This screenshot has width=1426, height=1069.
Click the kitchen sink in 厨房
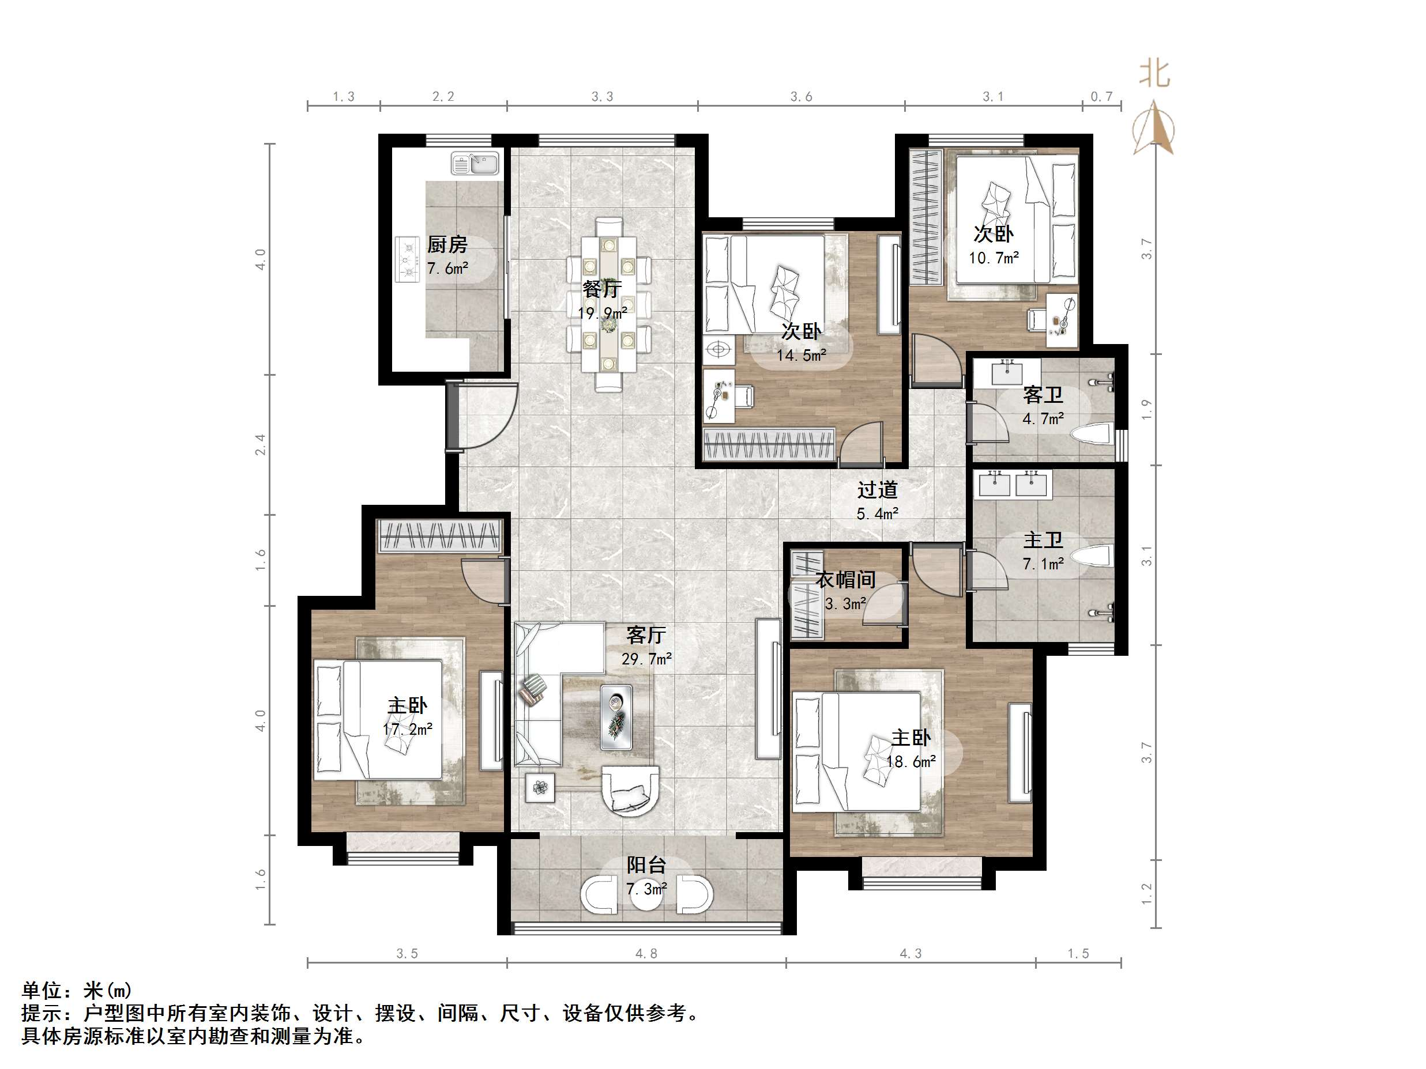pyautogui.click(x=475, y=163)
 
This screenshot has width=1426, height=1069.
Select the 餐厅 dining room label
pyautogui.click(x=601, y=289)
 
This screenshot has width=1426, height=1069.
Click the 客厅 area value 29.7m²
pyautogui.click(x=646, y=659)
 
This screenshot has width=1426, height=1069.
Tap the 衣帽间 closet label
pyautogui.click(x=845, y=580)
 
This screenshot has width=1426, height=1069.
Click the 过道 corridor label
pyautogui.click(x=876, y=490)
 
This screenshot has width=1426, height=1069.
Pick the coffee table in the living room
pyautogui.click(x=616, y=717)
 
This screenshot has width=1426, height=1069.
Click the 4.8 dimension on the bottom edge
pyautogui.click(x=646, y=954)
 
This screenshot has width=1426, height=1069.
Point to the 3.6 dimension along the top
pyautogui.click(x=801, y=97)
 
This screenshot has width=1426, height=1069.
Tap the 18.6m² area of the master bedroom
pyautogui.click(x=910, y=762)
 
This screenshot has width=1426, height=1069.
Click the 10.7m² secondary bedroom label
pyautogui.click(x=993, y=258)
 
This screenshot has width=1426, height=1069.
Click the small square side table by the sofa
pyautogui.click(x=540, y=787)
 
